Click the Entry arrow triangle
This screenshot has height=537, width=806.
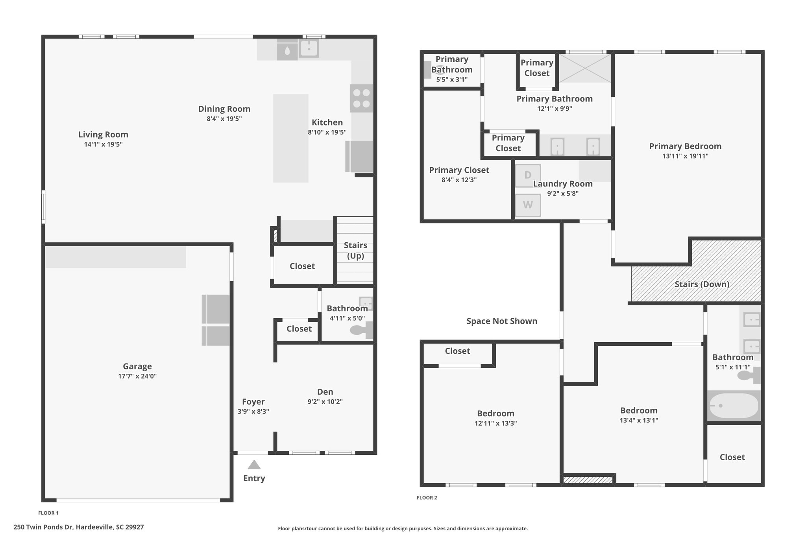click(x=254, y=465)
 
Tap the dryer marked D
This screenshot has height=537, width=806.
click(x=528, y=176)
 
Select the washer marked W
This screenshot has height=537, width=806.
click(x=528, y=205)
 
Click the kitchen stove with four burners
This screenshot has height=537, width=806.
click(x=361, y=98)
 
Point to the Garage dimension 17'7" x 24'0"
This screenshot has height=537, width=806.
click(x=137, y=376)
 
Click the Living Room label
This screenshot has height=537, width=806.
click(x=103, y=135)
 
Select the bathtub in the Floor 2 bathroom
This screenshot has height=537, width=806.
click(x=734, y=406)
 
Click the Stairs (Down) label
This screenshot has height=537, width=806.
click(x=702, y=284)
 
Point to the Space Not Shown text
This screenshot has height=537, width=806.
click(x=502, y=321)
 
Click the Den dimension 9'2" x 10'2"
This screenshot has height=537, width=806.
click(x=325, y=402)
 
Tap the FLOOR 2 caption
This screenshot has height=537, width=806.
click(x=427, y=498)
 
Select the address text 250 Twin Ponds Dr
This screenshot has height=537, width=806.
click(x=43, y=527)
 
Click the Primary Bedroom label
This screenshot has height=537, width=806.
click(x=685, y=146)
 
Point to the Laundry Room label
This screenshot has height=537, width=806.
click(x=563, y=184)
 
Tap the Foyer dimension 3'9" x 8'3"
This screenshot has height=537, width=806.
click(x=253, y=412)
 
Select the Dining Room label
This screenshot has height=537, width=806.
click(x=224, y=109)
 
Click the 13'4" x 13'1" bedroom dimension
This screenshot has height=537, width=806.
click(x=639, y=420)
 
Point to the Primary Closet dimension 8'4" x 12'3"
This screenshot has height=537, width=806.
click(x=459, y=180)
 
